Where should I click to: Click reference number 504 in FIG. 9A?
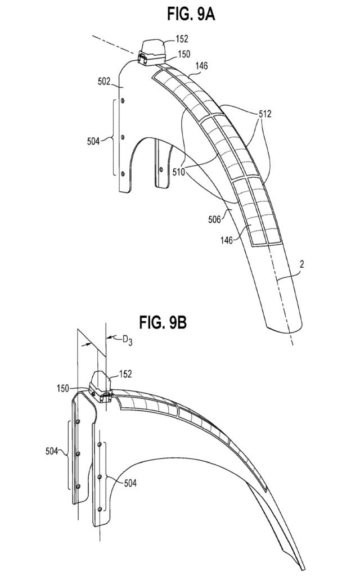click(93, 141)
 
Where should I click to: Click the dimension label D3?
click(129, 339)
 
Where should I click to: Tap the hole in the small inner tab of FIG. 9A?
click(161, 169)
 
